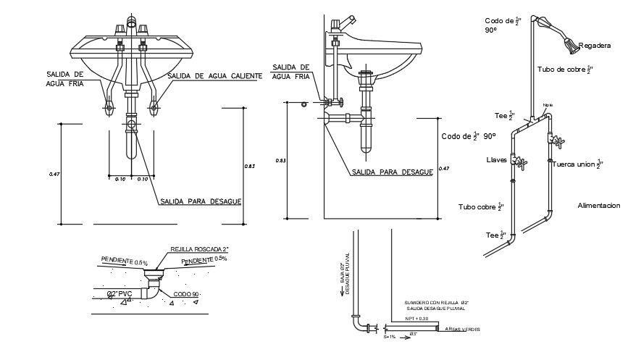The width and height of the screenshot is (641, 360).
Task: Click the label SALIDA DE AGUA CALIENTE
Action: pos(214,76)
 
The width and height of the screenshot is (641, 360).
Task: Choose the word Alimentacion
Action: pos(598,206)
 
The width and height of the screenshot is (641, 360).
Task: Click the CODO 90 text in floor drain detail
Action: pos(187,294)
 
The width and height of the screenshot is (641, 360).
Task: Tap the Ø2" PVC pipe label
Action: pos(120,293)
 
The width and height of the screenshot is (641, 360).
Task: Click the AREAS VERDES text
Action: pos(463,330)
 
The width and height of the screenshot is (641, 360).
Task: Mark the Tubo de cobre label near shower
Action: pos(564,70)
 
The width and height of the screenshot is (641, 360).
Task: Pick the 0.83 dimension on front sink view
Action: pos(248,167)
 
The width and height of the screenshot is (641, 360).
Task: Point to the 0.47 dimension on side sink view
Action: pos(445,169)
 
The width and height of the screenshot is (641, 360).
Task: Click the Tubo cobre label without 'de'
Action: pos(480,207)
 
